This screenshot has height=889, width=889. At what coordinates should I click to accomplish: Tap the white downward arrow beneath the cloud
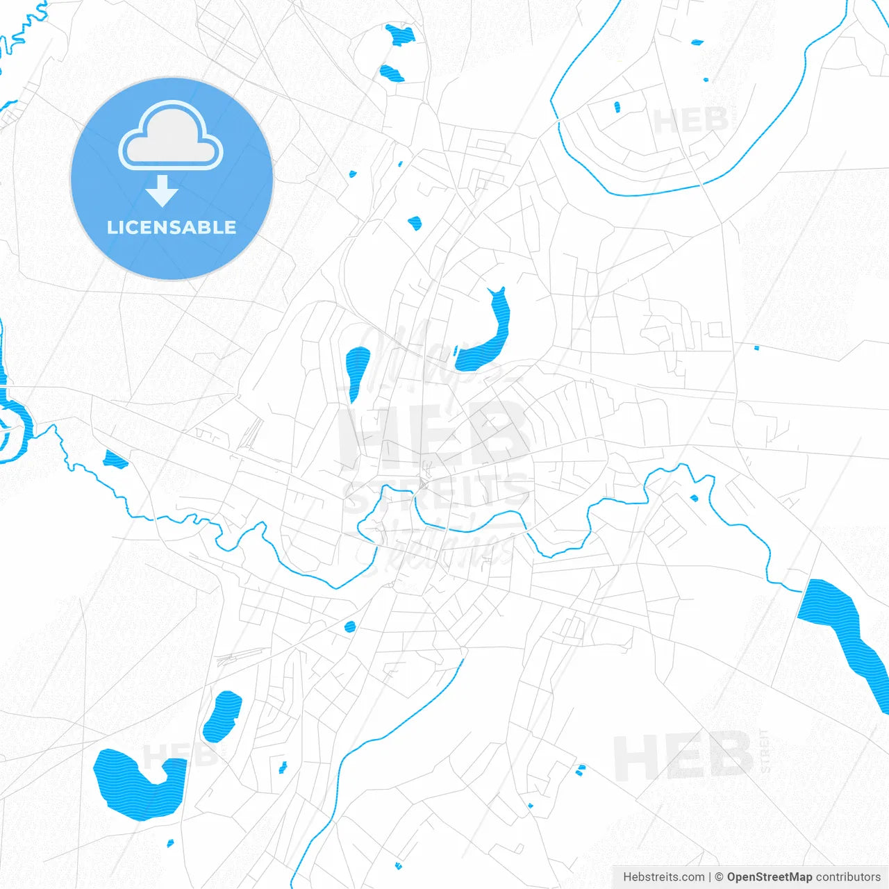point(162,191)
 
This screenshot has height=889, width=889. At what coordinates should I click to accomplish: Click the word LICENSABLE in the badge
point(172,227)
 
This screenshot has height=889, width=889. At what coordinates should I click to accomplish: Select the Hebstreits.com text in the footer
point(663,877)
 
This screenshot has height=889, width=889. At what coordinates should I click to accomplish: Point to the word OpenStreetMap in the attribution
point(769,877)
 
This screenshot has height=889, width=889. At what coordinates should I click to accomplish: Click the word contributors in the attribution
point(848,877)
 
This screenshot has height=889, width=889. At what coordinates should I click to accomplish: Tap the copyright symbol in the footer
point(719,877)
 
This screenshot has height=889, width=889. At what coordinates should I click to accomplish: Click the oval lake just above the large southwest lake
point(222,715)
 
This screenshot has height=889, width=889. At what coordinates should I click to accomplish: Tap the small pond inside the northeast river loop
point(617,107)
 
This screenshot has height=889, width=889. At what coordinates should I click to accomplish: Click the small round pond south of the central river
point(350,626)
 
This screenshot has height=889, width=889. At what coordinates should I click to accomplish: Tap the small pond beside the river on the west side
point(115,458)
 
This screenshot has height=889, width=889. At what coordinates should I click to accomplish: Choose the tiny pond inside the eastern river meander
point(694,497)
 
